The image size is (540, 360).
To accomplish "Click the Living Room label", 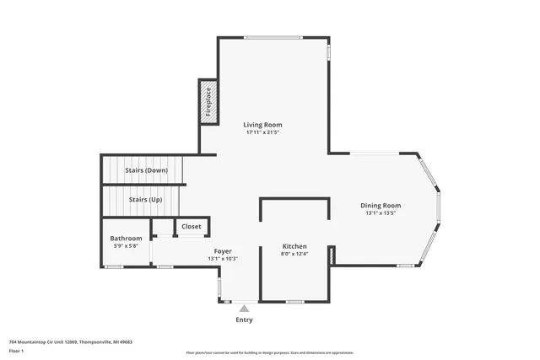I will (262, 125).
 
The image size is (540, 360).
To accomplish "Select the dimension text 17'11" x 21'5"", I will (262, 133).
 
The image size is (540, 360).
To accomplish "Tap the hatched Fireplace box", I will (208, 102).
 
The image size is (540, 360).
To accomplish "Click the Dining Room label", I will (381, 205).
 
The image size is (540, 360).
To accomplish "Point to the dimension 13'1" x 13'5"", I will (381, 213).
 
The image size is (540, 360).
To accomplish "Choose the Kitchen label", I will (294, 245).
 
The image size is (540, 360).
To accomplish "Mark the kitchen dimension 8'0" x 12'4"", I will (294, 254).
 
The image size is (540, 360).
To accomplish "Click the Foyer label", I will (223, 250).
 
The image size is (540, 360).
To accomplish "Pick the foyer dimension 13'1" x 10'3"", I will (223, 259).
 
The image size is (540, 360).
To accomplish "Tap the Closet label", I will (192, 227).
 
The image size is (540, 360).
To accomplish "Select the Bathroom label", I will (126, 238).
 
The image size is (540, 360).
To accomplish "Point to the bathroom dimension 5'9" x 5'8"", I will (126, 246).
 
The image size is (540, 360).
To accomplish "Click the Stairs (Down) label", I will (146, 170).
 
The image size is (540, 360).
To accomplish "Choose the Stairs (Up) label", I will (145, 200).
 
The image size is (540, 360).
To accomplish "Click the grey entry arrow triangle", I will (244, 309).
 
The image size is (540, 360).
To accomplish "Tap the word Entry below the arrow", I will (244, 320).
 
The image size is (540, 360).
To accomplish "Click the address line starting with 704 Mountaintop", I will (70, 342).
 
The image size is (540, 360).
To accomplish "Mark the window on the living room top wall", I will (273, 37).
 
